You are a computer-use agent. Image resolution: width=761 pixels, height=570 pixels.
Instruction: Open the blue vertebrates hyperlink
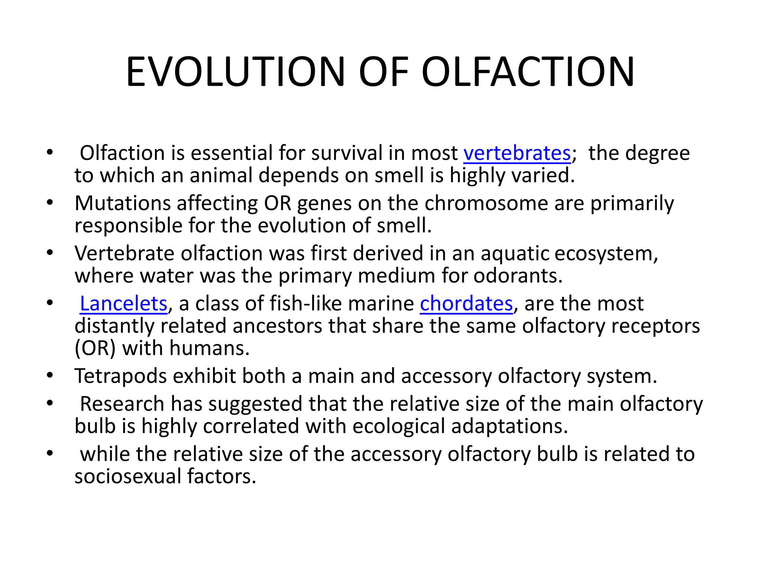pyautogui.click(x=517, y=153)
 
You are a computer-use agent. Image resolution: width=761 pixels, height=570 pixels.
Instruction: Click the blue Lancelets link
pyautogui.click(x=123, y=304)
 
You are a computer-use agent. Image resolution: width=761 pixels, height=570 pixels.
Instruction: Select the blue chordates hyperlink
pyautogui.click(x=466, y=304)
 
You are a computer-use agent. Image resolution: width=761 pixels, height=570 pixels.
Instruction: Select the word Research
pyautogui.click(x=122, y=404)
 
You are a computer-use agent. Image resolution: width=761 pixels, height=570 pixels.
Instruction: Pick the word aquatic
pyautogui.click(x=515, y=253)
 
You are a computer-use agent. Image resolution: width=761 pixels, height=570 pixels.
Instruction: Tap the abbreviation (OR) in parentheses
pyautogui.click(x=95, y=348)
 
